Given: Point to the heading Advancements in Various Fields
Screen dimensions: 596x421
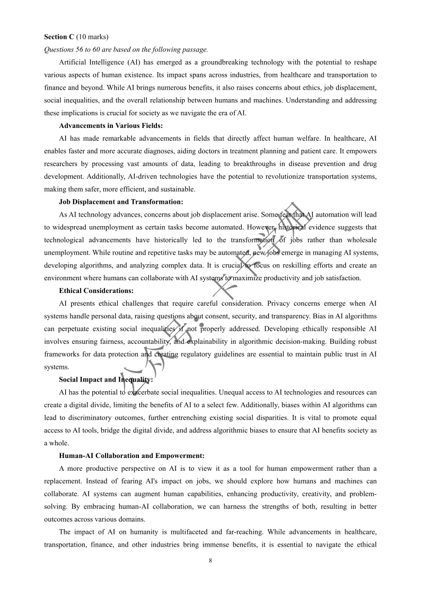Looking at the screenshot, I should (x=111, y=126).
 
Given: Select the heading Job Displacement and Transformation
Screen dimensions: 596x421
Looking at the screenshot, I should (x=121, y=202).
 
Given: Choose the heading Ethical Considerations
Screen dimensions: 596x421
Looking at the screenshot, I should (x=97, y=291).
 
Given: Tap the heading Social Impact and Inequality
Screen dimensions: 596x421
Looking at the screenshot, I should (x=106, y=379).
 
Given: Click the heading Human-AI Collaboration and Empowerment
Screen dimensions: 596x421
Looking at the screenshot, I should (x=131, y=456).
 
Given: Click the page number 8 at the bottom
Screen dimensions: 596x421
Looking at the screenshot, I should (x=210, y=560).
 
